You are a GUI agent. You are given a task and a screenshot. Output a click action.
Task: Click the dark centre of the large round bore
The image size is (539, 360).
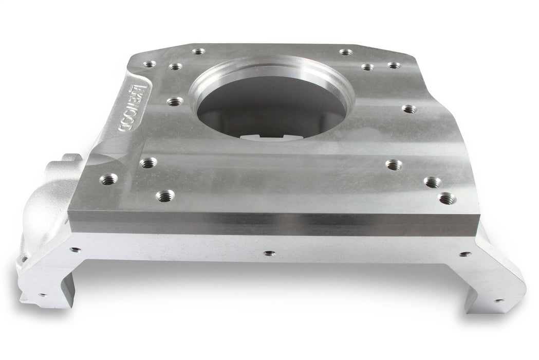pyautogui.click(x=271, y=105)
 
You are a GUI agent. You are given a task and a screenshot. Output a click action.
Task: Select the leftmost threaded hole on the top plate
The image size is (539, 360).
pyautogui.click(x=108, y=179)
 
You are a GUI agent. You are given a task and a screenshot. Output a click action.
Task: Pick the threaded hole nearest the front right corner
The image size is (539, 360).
pyautogui.click(x=447, y=198)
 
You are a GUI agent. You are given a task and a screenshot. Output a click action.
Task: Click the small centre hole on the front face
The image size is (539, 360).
pyautogui.click(x=269, y=253)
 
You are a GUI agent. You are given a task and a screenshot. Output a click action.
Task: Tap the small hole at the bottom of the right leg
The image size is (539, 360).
pyautogui.click(x=498, y=300)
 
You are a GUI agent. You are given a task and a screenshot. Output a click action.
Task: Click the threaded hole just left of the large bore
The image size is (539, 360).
pyautogui.click(x=175, y=101)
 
